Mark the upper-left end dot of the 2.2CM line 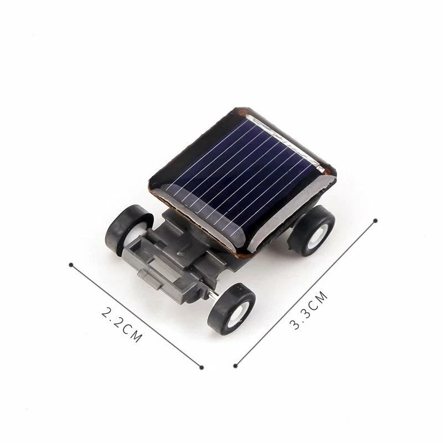[71, 264]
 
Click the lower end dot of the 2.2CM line [202, 365]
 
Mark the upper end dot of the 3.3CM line [376, 220]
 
